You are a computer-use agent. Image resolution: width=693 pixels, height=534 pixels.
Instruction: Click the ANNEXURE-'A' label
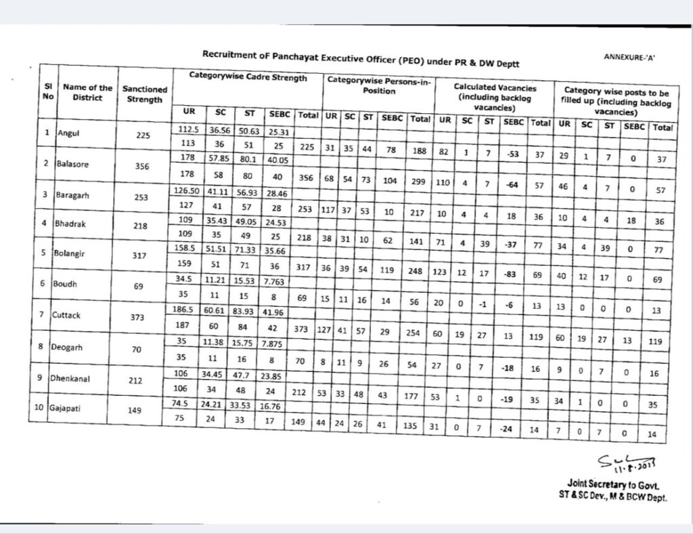(x=629, y=58)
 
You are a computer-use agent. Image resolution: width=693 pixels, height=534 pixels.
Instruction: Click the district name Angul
(x=69, y=133)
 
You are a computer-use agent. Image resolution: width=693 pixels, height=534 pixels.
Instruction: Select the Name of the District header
(x=88, y=92)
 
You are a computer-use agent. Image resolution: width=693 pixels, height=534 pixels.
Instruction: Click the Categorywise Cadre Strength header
(x=248, y=77)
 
